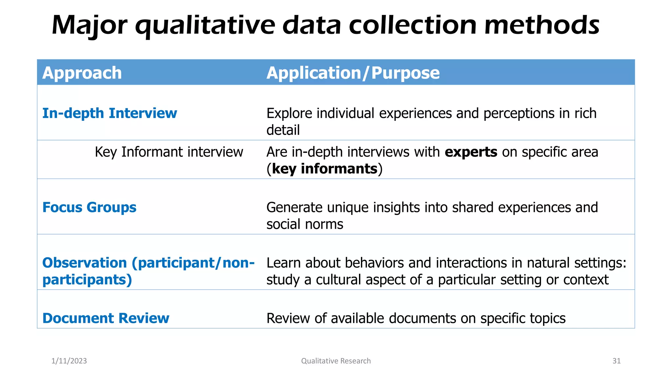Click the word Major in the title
point(89,26)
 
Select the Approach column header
point(82,73)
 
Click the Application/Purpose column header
point(353,73)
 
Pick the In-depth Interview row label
point(110,114)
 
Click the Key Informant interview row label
point(169,152)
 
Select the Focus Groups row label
point(89,207)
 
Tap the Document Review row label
point(106,318)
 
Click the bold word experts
point(471,152)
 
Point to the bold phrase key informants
point(325,169)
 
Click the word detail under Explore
point(283,130)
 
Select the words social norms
point(304,224)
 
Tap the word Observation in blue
point(85,263)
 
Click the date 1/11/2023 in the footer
point(69,361)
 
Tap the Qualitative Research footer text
point(336,361)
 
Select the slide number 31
point(617,361)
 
